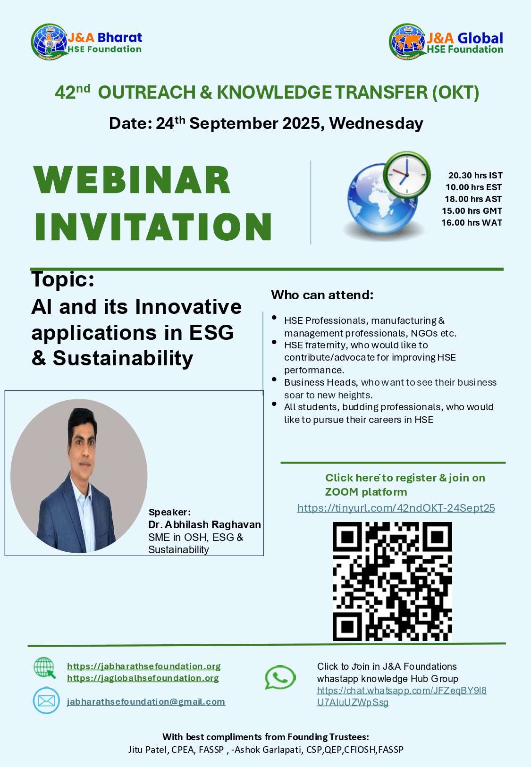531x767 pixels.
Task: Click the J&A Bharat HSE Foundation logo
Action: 87,42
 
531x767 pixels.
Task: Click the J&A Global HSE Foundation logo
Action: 446,42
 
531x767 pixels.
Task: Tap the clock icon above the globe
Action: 407,175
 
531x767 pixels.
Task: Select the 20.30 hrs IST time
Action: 475,175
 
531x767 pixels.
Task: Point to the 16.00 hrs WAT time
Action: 472,223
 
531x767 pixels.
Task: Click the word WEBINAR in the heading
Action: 132,180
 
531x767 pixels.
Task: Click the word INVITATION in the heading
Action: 153,227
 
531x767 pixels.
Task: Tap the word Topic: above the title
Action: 63,279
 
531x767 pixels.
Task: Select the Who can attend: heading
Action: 322,295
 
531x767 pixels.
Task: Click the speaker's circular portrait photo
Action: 79,476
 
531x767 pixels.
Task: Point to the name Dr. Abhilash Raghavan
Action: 204,524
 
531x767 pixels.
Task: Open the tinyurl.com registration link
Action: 396,508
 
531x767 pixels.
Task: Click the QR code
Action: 392,581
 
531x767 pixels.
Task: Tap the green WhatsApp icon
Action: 280,677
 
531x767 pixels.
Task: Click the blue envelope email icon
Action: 46,701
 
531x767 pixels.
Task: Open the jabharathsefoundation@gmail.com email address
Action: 146,701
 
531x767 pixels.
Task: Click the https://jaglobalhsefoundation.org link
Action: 143,678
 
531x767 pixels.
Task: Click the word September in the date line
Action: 234,123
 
